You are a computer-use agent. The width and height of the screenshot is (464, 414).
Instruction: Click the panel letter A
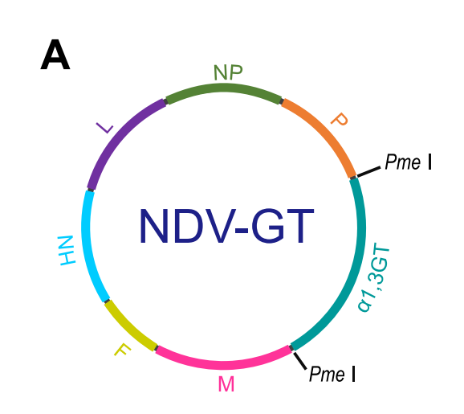click(x=55, y=55)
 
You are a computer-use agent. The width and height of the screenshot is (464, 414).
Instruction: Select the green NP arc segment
click(x=224, y=88)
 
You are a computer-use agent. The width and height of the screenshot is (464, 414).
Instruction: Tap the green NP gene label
click(x=228, y=72)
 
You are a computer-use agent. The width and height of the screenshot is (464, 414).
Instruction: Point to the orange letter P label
click(x=340, y=120)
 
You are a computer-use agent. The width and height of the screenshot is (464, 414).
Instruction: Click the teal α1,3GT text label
click(x=373, y=277)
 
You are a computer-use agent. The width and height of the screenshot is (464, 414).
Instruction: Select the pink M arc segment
click(x=224, y=365)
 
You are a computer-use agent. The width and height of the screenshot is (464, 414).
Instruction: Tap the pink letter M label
click(x=226, y=384)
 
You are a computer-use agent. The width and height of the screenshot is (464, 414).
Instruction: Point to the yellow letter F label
click(x=122, y=350)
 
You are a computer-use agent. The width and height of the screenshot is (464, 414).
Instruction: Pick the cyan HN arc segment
click(x=89, y=247)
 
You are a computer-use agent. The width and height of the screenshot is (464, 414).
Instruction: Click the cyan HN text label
click(x=67, y=251)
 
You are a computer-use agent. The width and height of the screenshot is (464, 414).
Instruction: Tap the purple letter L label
click(x=104, y=128)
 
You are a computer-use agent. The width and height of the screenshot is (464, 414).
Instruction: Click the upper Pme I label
click(x=409, y=162)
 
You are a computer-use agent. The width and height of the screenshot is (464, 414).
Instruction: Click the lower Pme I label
click(x=332, y=374)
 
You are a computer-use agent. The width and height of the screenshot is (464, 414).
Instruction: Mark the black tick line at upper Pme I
click(x=368, y=172)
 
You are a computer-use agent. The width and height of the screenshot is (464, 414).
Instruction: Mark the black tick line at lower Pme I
click(x=299, y=361)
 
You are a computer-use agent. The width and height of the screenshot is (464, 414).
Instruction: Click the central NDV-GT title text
click(x=226, y=226)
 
